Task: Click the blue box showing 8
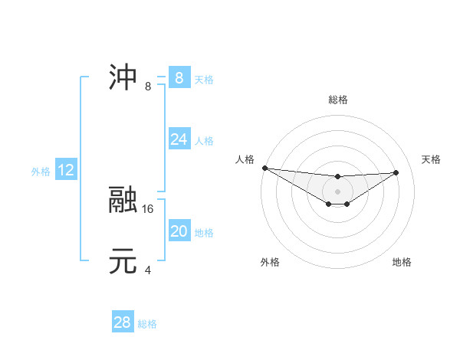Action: [179, 78]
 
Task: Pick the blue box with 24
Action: [179, 139]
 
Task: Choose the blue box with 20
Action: [179, 231]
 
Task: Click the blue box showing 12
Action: [66, 171]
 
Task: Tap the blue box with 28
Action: [123, 322]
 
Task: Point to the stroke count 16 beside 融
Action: [149, 208]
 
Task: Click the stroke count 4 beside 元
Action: [148, 270]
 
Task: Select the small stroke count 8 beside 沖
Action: [148, 87]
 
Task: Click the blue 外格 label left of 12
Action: [41, 172]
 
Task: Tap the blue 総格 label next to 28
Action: [147, 324]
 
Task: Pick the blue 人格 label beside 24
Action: [204, 141]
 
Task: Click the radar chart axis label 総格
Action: [338, 100]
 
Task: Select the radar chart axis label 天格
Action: [431, 159]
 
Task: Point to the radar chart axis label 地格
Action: [402, 263]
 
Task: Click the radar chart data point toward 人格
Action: [264, 168]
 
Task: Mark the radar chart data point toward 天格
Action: [396, 172]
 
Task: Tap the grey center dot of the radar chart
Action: [338, 191]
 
